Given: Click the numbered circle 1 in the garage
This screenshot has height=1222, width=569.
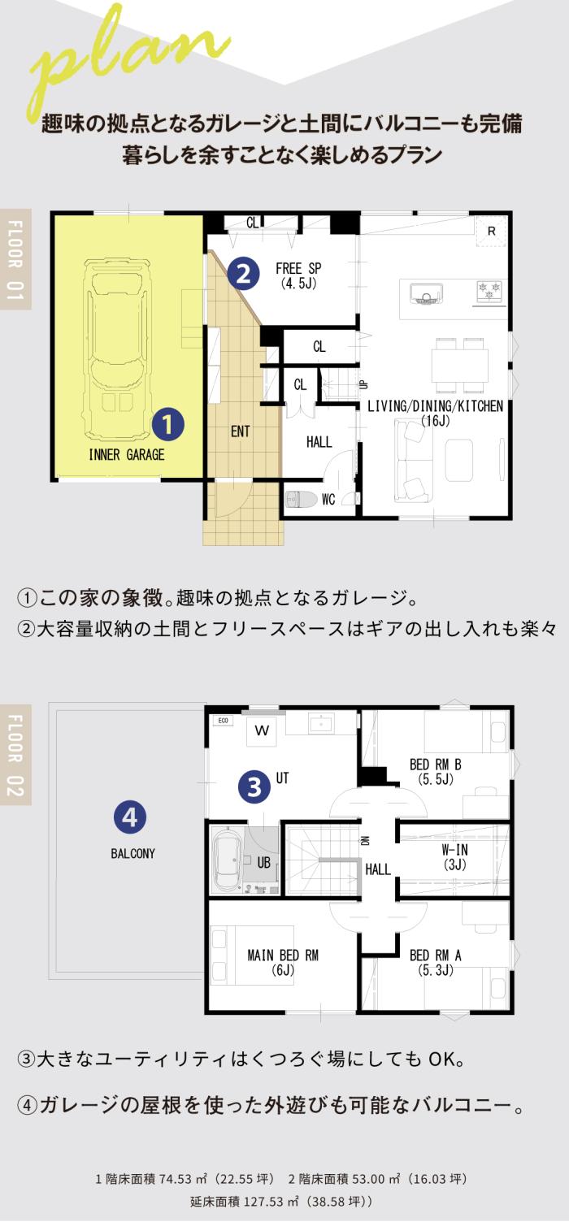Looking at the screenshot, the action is [x=168, y=424].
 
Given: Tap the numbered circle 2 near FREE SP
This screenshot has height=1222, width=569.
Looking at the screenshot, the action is [x=243, y=273].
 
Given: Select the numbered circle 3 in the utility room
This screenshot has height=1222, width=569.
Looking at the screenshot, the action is [x=254, y=786].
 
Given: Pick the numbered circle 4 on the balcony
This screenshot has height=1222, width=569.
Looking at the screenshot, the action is [x=130, y=817].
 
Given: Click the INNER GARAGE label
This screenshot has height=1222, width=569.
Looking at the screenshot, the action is [x=127, y=454].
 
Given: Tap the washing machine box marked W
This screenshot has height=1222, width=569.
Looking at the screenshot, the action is [x=262, y=731].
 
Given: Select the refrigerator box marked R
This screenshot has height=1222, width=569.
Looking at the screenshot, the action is [x=491, y=232].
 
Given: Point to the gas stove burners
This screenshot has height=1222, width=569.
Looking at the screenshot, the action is [x=489, y=290].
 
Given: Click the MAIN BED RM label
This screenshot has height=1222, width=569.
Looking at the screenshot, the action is [x=283, y=962].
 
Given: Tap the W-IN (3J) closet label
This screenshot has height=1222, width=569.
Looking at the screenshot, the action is [x=455, y=856].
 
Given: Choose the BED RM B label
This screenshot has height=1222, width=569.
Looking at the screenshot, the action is [x=436, y=771].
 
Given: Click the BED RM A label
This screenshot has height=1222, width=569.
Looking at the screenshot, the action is [x=436, y=962].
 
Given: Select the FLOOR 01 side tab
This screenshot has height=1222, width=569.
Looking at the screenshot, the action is [x=15, y=259].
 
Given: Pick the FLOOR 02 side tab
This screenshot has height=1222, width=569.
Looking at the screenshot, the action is [x=15, y=755].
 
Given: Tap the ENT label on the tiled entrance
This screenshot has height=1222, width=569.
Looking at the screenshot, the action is [x=240, y=431].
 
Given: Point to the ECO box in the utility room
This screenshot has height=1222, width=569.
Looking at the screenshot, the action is [x=223, y=721].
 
